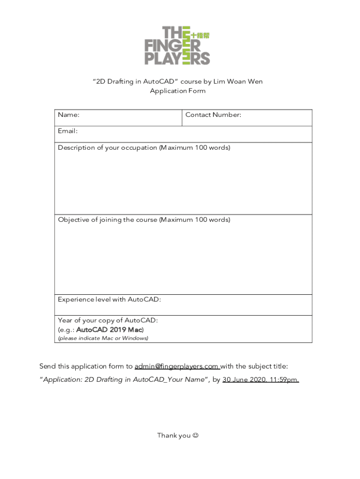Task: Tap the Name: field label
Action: (68, 115)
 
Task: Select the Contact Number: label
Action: (213, 115)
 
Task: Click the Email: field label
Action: (67, 131)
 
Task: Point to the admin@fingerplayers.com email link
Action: (177, 366)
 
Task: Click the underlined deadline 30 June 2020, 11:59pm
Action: (260, 380)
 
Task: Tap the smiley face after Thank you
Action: (195, 435)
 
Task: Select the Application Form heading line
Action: (177, 91)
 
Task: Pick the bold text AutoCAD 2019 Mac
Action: (109, 329)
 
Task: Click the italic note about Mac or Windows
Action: (103, 338)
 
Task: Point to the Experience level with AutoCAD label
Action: (109, 299)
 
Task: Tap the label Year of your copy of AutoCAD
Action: (108, 320)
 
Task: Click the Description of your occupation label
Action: (144, 148)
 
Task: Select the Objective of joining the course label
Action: (144, 220)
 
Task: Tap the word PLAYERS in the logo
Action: (177, 58)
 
